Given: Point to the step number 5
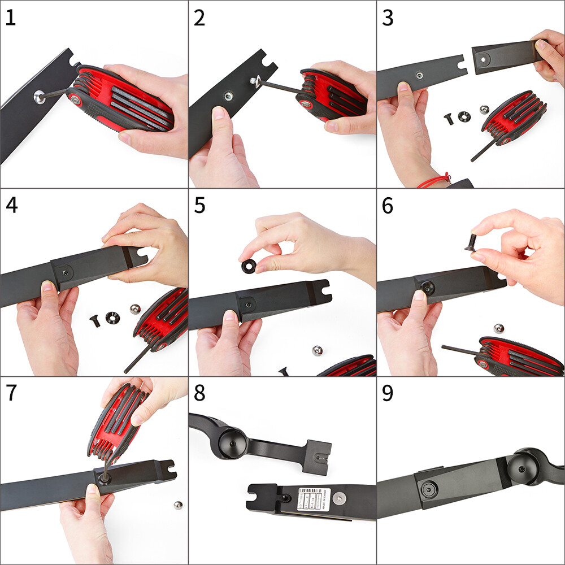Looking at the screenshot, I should pos(199,206).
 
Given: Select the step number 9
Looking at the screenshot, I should pos(388,393).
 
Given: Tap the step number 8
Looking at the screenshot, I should pos(199,393).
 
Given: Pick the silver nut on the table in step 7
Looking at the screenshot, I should pos(178,505).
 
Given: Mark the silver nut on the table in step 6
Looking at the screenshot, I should pos(498,328).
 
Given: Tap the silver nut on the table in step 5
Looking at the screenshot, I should pos(318,351).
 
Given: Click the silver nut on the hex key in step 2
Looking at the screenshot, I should pos(255,81).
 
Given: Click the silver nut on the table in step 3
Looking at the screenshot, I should pos(484,110).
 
